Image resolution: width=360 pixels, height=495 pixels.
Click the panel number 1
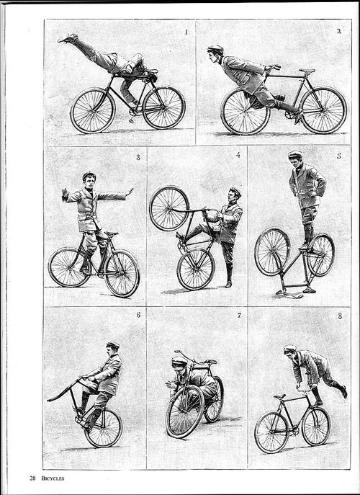point(186,32)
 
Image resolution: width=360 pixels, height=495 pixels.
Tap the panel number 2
point(339,31)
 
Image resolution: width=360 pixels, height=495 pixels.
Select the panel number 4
point(238,155)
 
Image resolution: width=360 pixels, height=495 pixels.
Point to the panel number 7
point(239,315)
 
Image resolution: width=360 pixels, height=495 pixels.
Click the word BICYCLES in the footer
point(53,478)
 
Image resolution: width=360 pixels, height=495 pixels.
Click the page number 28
point(32,478)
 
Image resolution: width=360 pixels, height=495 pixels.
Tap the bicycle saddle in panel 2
point(307,71)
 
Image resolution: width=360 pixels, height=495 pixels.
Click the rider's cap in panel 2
point(215,48)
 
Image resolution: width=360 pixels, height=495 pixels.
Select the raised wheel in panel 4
point(169,208)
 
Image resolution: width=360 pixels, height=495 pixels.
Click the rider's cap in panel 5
point(295,154)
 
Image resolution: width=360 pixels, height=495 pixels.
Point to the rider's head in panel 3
point(89,180)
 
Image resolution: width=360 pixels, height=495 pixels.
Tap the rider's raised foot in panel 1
point(68,38)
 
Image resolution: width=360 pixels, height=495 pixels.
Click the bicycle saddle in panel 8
point(279,396)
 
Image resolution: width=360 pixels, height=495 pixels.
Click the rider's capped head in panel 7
point(179,365)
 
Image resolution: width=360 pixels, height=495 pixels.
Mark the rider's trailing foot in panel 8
point(343,391)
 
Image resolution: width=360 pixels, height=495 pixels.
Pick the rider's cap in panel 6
point(112,344)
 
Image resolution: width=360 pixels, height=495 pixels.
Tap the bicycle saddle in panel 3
point(112,234)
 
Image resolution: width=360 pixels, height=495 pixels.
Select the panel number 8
point(340,316)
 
